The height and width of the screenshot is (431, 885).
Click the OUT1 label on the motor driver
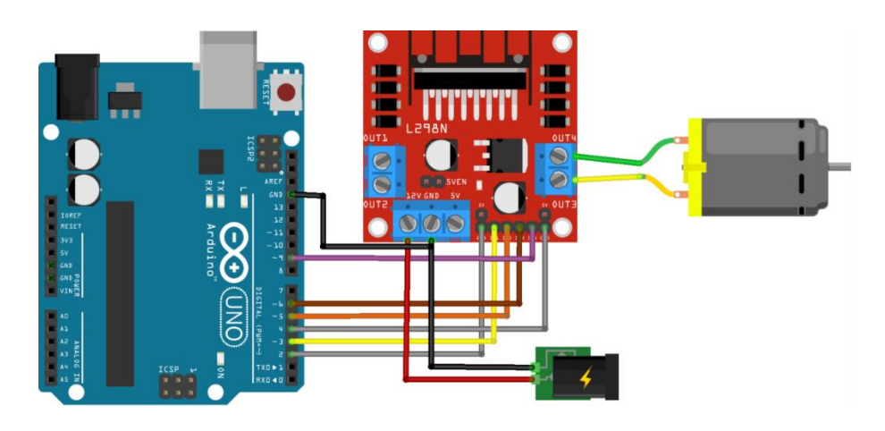coord(375,139)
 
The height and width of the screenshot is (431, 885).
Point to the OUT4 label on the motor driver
coord(564,138)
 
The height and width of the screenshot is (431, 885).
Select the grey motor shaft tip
coord(844,165)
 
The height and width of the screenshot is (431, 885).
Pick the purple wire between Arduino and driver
coord(402,258)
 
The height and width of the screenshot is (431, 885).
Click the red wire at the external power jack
coord(474,380)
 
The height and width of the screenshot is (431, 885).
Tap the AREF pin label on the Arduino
coord(274,181)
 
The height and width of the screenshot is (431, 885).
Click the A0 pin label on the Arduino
coord(63,317)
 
